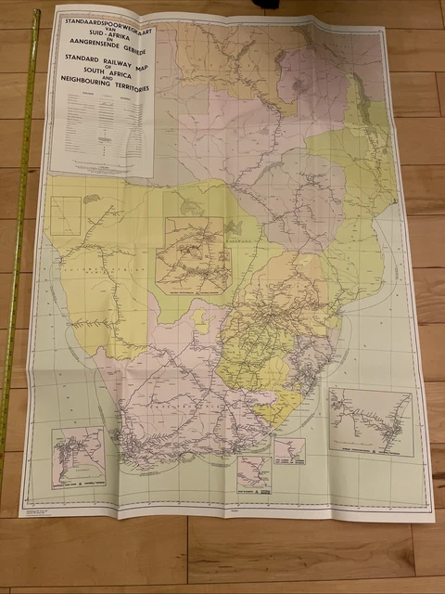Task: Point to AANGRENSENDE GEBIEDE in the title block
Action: pos(103,46)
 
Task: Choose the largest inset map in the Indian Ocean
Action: pos(371,420)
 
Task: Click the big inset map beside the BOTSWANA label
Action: pos(194,254)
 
